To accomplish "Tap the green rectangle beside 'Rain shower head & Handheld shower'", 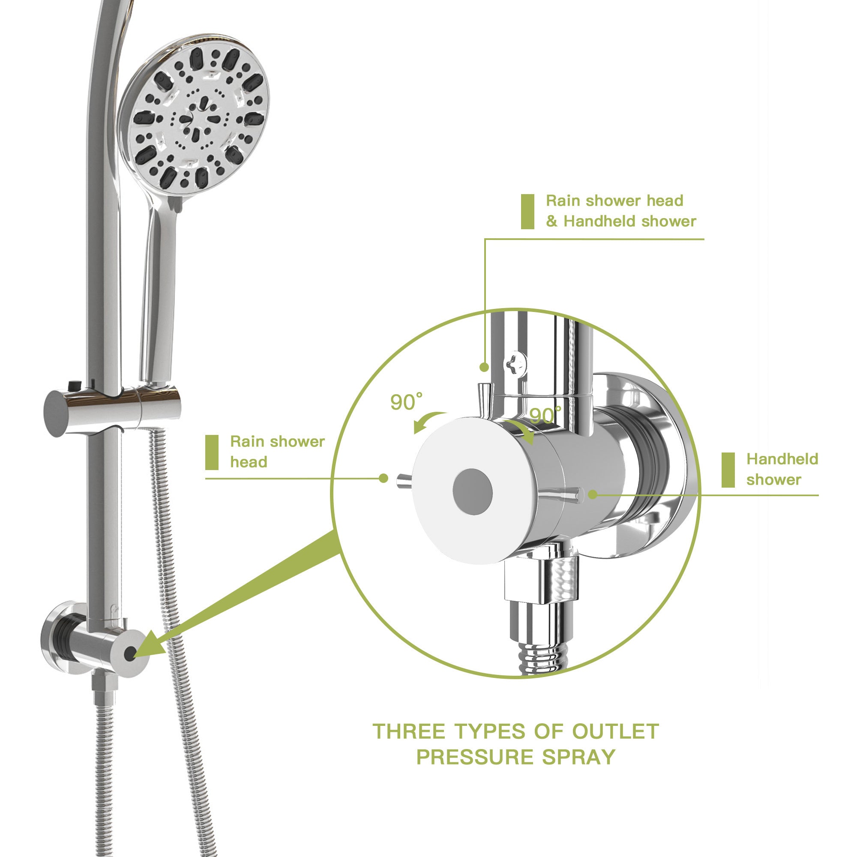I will point(527,212).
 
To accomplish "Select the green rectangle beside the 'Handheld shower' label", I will point(728,470).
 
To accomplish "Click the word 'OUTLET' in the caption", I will point(615,731).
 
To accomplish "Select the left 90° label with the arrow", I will point(405,402).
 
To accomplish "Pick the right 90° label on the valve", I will point(545,416).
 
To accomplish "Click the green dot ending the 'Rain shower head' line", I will point(384,478).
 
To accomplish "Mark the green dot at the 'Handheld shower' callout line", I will point(593,494).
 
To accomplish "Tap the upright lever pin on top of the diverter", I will point(483,399).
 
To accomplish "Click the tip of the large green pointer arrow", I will point(135,656).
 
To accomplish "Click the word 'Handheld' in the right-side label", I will point(782,459).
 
